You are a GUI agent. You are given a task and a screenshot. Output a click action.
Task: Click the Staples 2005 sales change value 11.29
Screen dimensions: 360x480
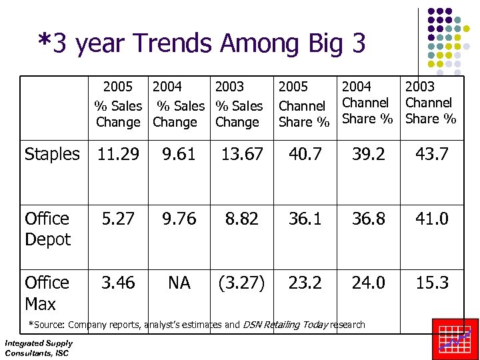[x=118, y=155]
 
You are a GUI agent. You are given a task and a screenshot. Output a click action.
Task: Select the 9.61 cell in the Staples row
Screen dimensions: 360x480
[x=179, y=155]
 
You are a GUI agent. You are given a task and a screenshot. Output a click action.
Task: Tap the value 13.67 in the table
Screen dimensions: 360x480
[x=241, y=155]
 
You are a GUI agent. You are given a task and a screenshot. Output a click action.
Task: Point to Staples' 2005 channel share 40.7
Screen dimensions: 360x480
[x=305, y=155]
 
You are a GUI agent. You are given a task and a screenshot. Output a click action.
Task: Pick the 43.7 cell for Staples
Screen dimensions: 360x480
[x=432, y=155]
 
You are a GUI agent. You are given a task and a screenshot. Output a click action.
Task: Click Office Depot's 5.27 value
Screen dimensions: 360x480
[x=118, y=219]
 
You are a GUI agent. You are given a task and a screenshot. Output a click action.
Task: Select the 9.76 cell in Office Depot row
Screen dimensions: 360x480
[x=179, y=219]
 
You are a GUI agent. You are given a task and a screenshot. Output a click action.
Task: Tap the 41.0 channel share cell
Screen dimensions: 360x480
[x=432, y=219]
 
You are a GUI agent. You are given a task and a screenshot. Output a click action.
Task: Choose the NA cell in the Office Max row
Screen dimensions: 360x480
[x=179, y=283]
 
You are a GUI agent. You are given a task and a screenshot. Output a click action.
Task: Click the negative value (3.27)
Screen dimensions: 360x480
[x=241, y=283]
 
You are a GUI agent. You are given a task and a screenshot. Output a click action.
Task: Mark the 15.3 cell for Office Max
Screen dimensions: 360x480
[x=432, y=283]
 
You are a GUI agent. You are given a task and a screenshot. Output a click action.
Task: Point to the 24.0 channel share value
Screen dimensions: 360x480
[x=369, y=283]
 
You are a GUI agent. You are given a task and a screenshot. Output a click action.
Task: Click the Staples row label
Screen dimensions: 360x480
[x=52, y=155]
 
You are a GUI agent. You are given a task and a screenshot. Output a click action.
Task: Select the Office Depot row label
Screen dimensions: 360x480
[x=47, y=229]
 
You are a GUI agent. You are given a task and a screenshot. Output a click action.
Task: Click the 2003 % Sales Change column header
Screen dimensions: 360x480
[x=238, y=105]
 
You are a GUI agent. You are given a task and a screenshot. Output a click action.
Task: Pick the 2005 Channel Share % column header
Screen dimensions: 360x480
[x=304, y=105]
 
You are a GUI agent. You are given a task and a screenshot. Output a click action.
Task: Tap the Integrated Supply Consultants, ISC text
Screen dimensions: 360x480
[x=39, y=347]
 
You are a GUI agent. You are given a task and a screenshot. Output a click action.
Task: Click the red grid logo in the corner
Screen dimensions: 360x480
[x=455, y=339]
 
